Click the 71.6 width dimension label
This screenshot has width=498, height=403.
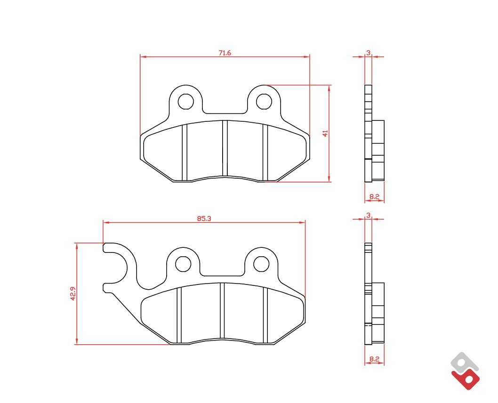225,53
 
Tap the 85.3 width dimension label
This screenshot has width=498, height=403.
204,219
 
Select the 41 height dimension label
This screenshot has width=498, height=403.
325,133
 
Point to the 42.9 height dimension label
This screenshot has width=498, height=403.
73,293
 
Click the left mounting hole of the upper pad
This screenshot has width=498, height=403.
186,102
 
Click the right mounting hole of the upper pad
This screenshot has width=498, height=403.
264,102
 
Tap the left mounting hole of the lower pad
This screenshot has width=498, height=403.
183,264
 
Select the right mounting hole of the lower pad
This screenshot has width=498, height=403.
261,264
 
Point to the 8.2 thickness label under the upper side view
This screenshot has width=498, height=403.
375,197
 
